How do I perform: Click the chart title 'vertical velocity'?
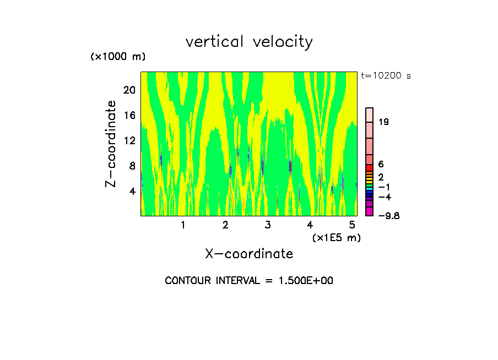pyautogui.click(x=249, y=42)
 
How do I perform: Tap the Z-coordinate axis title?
pyautogui.click(x=111, y=144)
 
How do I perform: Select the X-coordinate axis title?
pyautogui.click(x=249, y=254)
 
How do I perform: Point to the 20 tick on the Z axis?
pyautogui.click(x=128, y=90)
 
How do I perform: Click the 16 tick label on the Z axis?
pyautogui.click(x=128, y=116)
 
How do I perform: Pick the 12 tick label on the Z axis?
pyautogui.click(x=128, y=141)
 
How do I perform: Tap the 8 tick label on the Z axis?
pyautogui.click(x=132, y=166)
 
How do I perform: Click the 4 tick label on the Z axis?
pyautogui.click(x=132, y=192)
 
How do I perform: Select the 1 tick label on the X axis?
pyautogui.click(x=183, y=225)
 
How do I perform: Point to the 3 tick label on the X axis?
pyautogui.click(x=268, y=225)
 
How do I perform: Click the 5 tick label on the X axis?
pyautogui.click(x=353, y=225)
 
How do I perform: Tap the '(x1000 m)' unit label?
pyautogui.click(x=117, y=57)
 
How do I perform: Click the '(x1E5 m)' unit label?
pyautogui.click(x=336, y=238)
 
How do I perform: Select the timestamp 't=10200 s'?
pyautogui.click(x=386, y=76)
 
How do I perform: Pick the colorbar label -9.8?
pyautogui.click(x=388, y=216)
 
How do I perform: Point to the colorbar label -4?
pyautogui.click(x=385, y=197)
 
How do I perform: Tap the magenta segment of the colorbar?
pyautogui.click(x=370, y=211)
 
